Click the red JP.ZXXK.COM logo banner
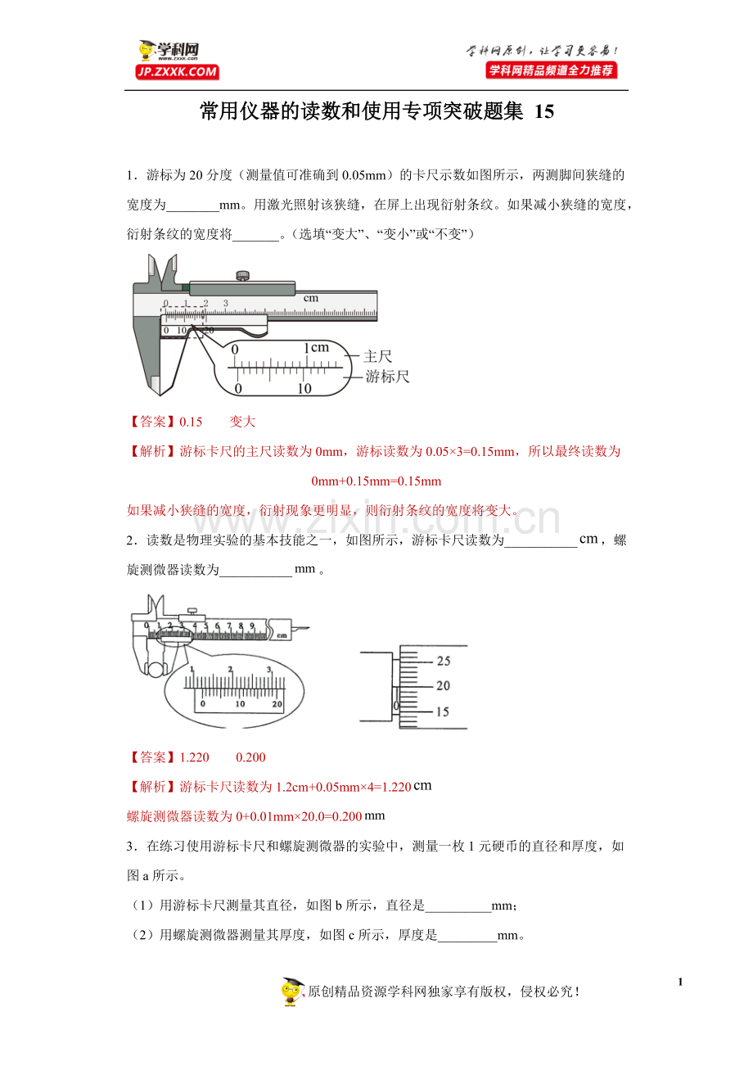coord(177,72)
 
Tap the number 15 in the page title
coord(543,112)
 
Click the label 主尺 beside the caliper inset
coord(378,356)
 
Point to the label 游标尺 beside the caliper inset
coord(387,377)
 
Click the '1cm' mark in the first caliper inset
coord(314,348)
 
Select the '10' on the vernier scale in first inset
coord(304,388)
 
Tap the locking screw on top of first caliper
coord(241,275)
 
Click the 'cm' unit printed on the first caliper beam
coord(310,298)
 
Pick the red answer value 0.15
coord(191,422)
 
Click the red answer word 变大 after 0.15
coord(242,422)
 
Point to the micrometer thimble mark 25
coord(443,661)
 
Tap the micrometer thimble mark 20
coord(443,686)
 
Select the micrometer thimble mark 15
coord(443,711)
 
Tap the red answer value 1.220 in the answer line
coord(194,757)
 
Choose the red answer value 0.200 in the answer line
coord(250,757)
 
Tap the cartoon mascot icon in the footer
coord(292,991)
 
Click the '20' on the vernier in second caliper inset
coord(277,703)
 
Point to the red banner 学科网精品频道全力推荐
coord(552,70)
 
